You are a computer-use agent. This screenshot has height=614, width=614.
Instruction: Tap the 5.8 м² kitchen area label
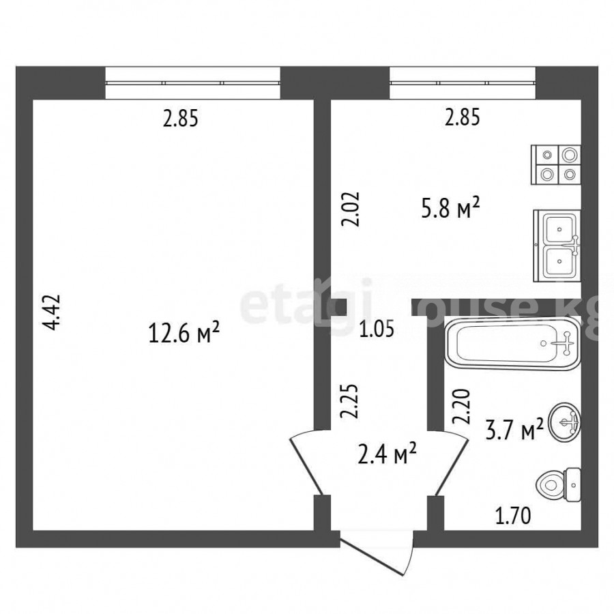[450, 209]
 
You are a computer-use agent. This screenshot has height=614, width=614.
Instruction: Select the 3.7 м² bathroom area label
[514, 430]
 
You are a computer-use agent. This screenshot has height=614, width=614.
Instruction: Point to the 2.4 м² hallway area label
[387, 454]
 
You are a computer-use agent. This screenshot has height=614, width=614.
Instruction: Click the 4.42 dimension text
[53, 312]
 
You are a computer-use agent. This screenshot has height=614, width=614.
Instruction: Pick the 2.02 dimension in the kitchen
[351, 209]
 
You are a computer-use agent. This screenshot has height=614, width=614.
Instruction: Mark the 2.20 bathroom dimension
[461, 406]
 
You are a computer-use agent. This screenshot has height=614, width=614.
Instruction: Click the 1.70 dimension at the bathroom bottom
[513, 515]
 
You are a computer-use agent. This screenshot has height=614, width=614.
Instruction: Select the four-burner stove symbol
[556, 164]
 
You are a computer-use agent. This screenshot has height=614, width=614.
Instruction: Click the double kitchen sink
[557, 246]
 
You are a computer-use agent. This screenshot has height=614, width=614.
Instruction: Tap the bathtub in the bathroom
[513, 343]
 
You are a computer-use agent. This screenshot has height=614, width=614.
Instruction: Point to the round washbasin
[565, 422]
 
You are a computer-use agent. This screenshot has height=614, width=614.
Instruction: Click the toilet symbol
[558, 485]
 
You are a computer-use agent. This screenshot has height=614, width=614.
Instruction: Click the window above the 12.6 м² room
[192, 83]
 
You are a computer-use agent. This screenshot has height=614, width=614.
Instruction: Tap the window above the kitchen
[463, 83]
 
